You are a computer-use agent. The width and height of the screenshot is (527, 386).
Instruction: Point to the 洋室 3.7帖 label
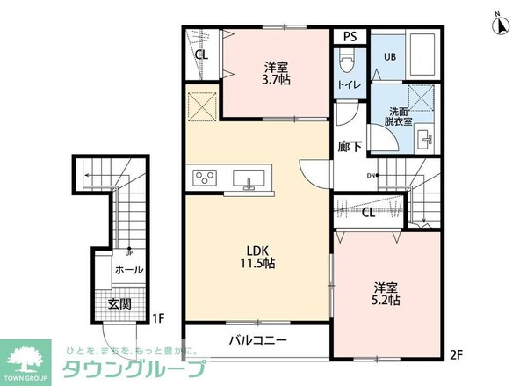click(x=278, y=73)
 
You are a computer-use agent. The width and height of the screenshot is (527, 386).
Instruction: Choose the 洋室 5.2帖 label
click(x=386, y=292)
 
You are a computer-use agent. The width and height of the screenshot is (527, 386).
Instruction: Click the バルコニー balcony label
click(x=257, y=339)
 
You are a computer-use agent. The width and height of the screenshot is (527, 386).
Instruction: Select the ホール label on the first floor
click(x=128, y=269)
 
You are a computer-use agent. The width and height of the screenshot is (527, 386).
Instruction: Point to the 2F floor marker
click(x=455, y=355)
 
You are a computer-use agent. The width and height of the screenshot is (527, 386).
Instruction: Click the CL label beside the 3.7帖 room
click(x=201, y=55)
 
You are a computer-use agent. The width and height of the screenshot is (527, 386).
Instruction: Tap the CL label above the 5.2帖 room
click(x=370, y=212)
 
